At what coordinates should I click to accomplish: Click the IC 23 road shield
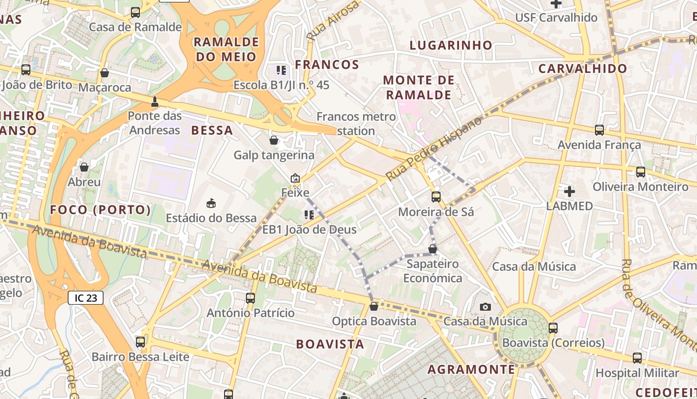coord(86,298)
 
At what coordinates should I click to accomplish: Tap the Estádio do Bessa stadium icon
coord(211,203)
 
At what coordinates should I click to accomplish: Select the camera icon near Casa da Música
coord(485,307)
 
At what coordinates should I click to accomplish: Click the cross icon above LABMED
coord(570,191)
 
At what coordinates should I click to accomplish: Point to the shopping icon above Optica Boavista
coord(374,306)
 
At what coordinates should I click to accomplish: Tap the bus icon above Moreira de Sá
coord(436,197)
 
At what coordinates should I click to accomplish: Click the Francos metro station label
coord(356,124)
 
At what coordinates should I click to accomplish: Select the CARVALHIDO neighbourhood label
coord(583,69)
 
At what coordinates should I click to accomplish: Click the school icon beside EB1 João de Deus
coord(309,215)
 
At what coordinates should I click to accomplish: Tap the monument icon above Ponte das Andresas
coord(154,102)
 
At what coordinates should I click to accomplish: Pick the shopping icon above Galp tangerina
coord(274,140)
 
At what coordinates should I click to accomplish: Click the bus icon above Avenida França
coord(599,130)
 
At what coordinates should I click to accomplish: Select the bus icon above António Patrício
coord(250,298)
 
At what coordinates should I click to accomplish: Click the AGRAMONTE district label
coord(471,370)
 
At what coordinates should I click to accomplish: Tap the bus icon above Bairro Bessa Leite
coord(140,342)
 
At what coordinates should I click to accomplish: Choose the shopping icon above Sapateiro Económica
coord(433,249)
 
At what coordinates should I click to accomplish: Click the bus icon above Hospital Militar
coord(637,358)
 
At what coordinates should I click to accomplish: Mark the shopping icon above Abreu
coord(84,167)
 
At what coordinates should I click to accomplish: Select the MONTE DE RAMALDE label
coord(419,87)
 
